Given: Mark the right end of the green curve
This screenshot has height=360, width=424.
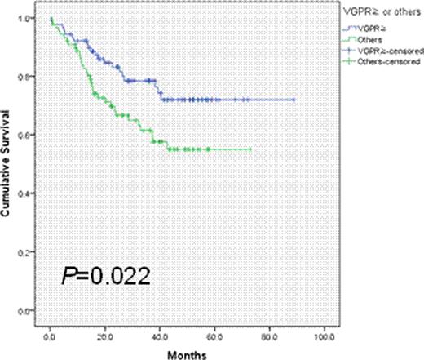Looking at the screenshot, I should pyautogui.click(x=250, y=149).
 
